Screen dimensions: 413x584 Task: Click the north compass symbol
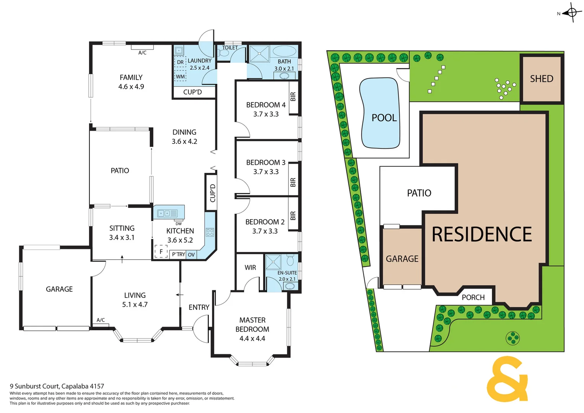tap(572, 13)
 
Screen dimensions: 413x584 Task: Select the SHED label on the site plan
tap(541, 79)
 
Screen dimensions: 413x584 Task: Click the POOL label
tap(384, 118)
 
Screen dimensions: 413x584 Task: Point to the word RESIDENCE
tap(482, 234)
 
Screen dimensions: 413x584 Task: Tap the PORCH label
tap(473, 298)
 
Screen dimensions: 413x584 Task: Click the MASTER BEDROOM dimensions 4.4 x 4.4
tap(252, 338)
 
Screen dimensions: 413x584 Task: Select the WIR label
tap(250, 268)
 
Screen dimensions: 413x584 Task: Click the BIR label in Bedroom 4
tap(293, 97)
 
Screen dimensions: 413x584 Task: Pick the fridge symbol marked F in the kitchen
tap(161, 252)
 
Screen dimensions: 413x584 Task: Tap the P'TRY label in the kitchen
tap(178, 255)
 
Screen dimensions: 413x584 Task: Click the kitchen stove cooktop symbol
tap(210, 232)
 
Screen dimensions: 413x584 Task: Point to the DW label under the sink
tap(179, 224)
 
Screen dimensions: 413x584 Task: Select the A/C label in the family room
tap(142, 53)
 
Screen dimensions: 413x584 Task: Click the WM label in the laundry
tap(180, 76)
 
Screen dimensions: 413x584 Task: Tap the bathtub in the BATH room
tap(285, 51)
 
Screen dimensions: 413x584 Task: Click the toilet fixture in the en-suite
tap(290, 261)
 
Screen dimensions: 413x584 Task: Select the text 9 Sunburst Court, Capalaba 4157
tap(57, 386)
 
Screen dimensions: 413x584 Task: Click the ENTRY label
tap(199, 307)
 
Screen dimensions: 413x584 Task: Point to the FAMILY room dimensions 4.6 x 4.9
tap(131, 87)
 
